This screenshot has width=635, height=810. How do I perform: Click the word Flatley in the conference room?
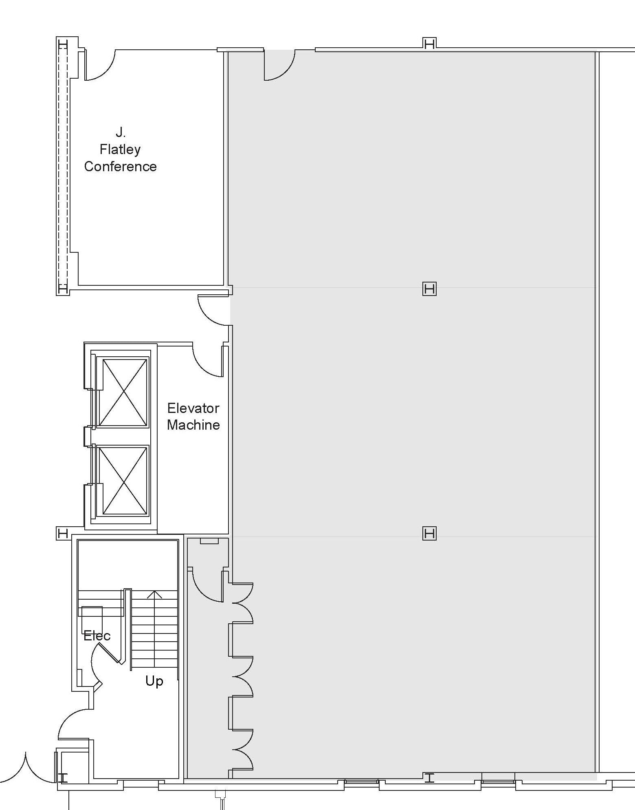tap(120, 150)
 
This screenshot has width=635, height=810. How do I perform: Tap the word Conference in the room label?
tap(120, 167)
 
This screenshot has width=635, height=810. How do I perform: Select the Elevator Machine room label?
tap(193, 416)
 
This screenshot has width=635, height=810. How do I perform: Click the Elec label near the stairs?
tap(97, 636)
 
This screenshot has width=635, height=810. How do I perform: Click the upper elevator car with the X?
tap(123, 392)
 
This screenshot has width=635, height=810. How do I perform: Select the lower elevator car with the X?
tap(123, 480)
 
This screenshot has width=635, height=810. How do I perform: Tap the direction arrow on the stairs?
tap(154, 595)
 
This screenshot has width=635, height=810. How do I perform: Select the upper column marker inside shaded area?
tap(429, 289)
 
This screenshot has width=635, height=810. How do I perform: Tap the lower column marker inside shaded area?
tap(429, 533)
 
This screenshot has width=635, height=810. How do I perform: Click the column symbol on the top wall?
tap(429, 43)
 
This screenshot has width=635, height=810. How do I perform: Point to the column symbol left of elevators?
tap(63, 533)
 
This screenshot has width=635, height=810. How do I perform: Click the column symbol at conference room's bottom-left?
tap(63, 289)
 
